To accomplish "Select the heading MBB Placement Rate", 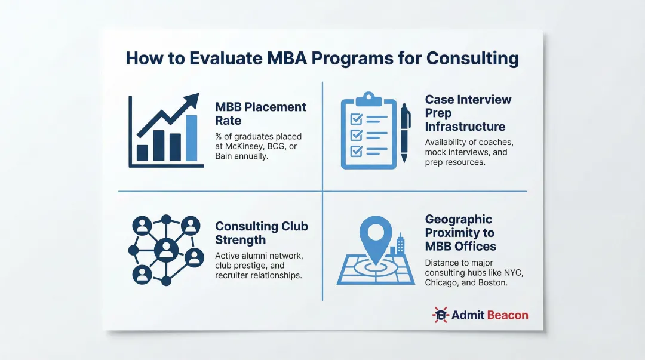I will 260,113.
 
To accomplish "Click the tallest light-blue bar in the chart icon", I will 192,138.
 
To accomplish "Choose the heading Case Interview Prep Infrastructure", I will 468,113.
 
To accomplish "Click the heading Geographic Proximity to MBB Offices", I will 460,232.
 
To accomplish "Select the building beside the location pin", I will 400,245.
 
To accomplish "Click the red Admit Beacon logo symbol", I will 441,315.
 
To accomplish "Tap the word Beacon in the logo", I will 507,315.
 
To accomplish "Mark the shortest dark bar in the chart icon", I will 142,153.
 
